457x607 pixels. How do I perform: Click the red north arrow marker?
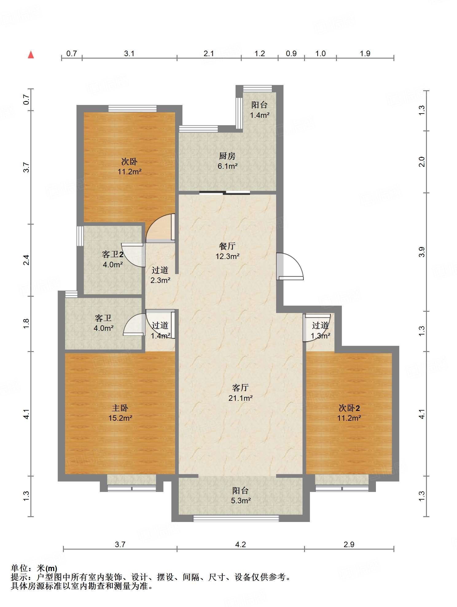[31, 55]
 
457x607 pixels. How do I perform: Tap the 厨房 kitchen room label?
[227, 156]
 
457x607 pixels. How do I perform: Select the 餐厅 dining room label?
[227, 246]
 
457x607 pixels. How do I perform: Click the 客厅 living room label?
[240, 388]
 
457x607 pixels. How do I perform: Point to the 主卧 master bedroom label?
[120, 408]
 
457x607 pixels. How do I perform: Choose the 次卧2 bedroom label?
[349, 408]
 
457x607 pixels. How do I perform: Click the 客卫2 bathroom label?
[113, 254]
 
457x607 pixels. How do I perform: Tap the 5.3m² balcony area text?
[241, 501]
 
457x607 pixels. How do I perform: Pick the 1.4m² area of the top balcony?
[260, 115]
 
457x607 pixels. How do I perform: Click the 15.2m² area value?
[120, 418]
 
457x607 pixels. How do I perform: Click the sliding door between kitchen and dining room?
[225, 193]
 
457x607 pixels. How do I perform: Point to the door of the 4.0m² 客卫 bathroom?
[134, 324]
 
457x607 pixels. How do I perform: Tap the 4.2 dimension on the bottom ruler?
[240, 544]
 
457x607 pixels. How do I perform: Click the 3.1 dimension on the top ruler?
[129, 53]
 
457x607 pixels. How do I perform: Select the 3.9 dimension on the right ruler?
[422, 252]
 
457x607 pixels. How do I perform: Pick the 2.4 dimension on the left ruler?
[26, 260]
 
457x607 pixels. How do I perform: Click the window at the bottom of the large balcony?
[236, 519]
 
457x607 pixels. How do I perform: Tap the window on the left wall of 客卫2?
[80, 236]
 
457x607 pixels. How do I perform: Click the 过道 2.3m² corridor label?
[160, 275]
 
